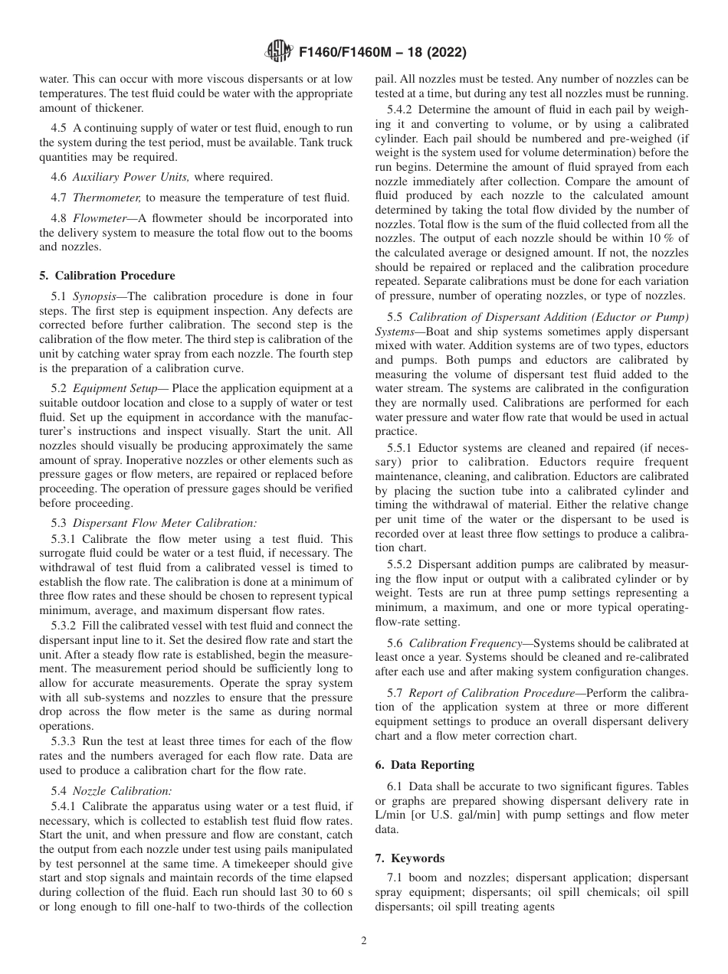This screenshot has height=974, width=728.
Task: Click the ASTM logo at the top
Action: tap(278, 52)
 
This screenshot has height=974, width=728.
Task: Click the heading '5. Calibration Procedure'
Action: tap(107, 276)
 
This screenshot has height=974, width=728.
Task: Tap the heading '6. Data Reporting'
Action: tap(425, 765)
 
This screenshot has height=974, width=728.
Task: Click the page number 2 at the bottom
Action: tap(364, 941)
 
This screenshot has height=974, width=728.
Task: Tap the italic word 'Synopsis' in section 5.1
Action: tap(96, 296)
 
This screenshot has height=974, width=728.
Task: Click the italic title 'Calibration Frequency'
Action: tap(467, 644)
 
